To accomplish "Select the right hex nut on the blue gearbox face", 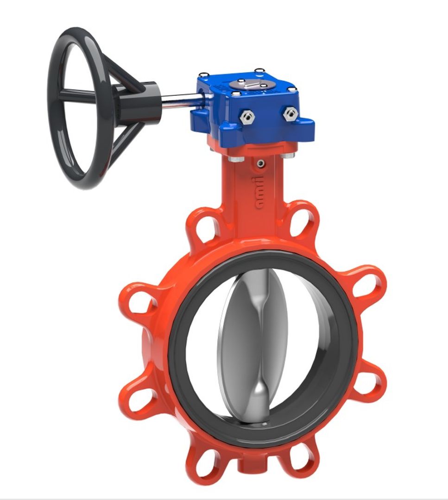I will [290, 112].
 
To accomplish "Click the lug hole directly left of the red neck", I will [207, 227].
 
